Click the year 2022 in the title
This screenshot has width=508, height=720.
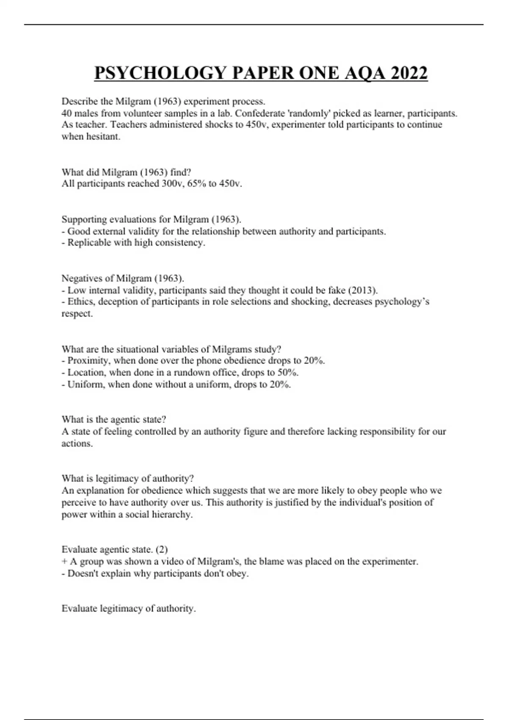pos(409,73)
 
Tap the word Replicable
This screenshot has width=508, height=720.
pos(89,243)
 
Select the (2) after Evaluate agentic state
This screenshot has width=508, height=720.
pos(162,550)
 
